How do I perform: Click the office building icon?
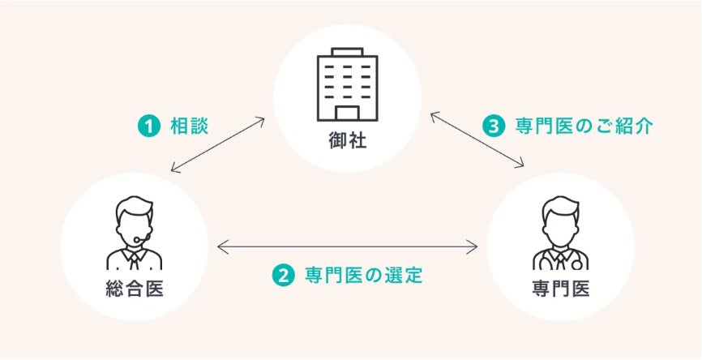click(349, 84)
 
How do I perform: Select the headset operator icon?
click(134, 233)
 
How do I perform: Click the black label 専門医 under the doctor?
click(561, 289)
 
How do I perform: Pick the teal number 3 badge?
click(494, 126)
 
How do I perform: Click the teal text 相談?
click(190, 126)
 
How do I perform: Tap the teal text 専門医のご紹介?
click(584, 126)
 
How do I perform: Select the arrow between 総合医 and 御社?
click(218, 145)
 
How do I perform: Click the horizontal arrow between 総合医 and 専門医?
click(348, 246)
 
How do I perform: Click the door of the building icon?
click(349, 113)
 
